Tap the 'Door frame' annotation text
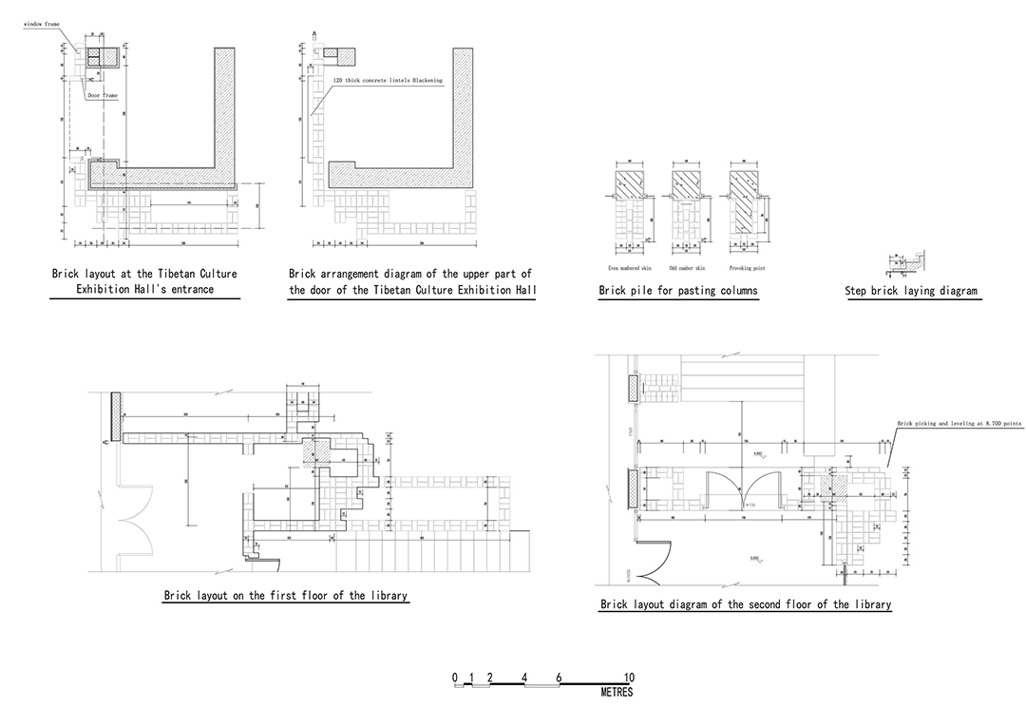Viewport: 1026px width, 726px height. coord(102,95)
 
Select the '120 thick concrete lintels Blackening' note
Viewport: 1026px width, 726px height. coord(388,81)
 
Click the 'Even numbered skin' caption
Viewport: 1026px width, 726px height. coord(628,268)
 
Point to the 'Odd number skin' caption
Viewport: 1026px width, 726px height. coord(685,268)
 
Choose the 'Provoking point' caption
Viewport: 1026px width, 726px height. coord(748,268)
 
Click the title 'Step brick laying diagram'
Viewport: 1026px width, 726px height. coord(910,291)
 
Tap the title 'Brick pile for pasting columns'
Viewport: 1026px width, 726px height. coord(678,291)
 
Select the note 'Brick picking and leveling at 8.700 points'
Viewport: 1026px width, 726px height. coord(952,424)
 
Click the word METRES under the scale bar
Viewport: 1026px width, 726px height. coord(617,693)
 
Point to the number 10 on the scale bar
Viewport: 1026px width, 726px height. coord(629,678)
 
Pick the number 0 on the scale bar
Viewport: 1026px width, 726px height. coord(455,678)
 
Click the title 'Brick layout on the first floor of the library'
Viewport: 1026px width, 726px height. coord(286,596)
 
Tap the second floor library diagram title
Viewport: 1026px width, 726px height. coord(746,604)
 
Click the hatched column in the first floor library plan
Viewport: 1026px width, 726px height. coord(314,453)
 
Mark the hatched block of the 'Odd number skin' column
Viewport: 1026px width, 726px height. coord(685,181)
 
